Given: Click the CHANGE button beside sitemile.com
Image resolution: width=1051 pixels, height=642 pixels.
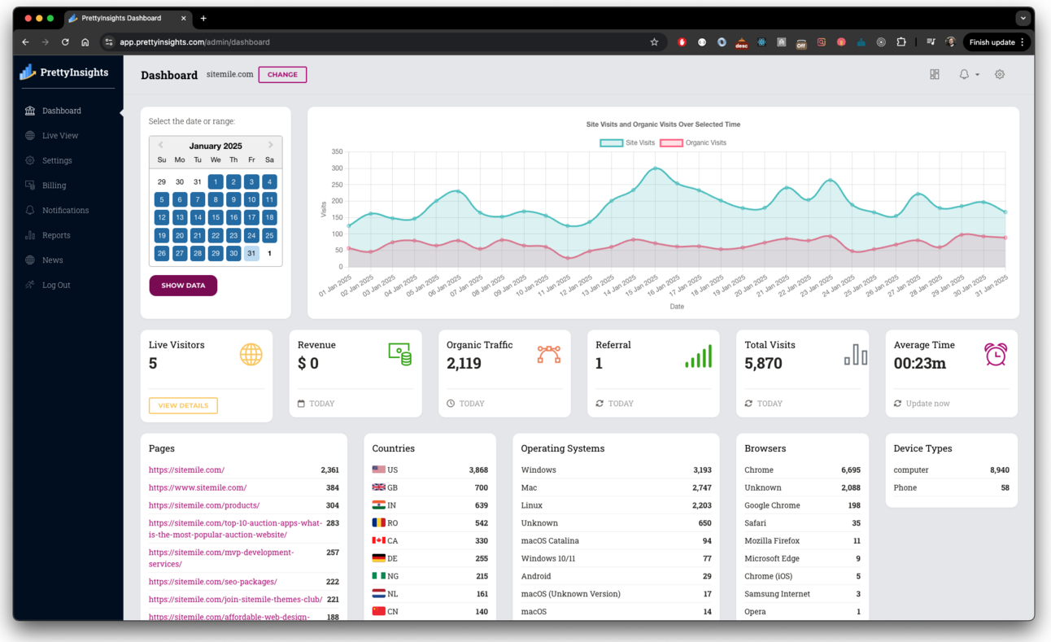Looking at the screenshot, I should click(x=282, y=75).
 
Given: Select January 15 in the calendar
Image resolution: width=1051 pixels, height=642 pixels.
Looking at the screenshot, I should click(x=216, y=217).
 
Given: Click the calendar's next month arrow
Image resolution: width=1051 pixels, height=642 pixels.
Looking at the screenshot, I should click(x=271, y=146).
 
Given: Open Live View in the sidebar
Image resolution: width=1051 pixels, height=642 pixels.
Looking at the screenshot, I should click(x=60, y=136).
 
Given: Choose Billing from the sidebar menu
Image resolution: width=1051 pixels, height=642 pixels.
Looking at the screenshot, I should click(x=54, y=186).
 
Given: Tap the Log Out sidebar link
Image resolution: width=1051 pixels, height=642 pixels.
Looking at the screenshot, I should click(x=56, y=285).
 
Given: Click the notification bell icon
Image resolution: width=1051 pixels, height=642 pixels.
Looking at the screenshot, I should click(x=964, y=75).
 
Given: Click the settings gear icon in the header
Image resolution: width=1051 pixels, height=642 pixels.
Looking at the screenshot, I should click(x=1000, y=75).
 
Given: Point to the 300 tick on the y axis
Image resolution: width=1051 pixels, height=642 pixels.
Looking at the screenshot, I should click(x=337, y=168).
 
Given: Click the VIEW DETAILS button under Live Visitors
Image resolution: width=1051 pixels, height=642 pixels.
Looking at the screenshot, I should click(x=183, y=405).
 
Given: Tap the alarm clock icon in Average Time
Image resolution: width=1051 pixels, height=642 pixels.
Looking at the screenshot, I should click(x=995, y=355).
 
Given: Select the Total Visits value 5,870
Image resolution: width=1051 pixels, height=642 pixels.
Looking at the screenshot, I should click(x=763, y=364).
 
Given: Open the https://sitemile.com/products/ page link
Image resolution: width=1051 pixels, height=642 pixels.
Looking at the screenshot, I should click(x=204, y=505).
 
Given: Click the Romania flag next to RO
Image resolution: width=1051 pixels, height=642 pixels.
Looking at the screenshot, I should click(x=378, y=523).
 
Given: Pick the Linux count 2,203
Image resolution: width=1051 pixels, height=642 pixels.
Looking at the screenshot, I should click(x=701, y=505).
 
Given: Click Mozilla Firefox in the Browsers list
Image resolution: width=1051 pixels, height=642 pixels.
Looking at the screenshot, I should click(x=772, y=541).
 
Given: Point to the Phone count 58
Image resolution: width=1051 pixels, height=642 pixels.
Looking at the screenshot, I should click(x=1005, y=488).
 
